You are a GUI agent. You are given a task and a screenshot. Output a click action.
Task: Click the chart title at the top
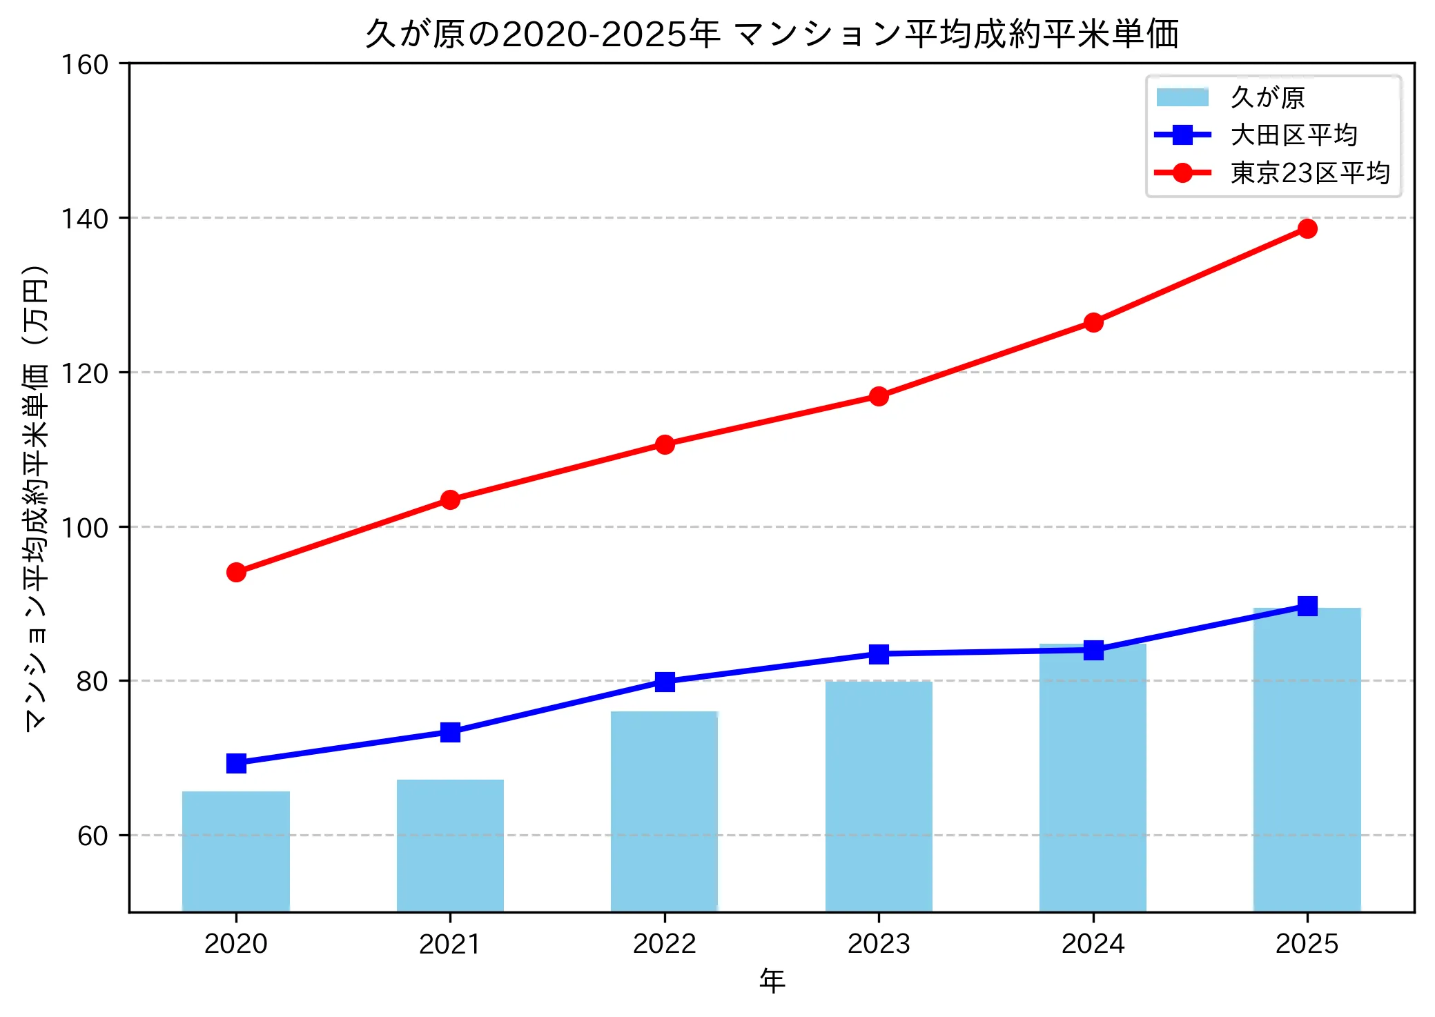[x=772, y=34]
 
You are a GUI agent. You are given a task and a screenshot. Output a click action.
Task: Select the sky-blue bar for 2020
[x=236, y=851]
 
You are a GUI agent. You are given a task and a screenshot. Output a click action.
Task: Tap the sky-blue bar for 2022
[x=664, y=811]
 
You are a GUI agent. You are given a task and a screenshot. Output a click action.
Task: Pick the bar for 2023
[x=879, y=796]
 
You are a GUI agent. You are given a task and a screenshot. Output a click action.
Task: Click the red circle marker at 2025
[x=1307, y=228]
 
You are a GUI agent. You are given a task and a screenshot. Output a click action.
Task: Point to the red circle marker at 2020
[x=236, y=572]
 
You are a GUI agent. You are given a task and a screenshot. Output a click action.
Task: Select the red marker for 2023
[x=879, y=396]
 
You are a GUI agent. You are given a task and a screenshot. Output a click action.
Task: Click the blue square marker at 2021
[x=450, y=732]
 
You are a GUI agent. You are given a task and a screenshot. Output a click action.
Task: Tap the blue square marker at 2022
[x=665, y=682]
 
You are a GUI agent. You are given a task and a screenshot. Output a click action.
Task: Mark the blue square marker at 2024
[x=1093, y=650]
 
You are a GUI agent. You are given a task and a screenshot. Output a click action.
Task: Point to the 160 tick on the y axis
[x=85, y=65]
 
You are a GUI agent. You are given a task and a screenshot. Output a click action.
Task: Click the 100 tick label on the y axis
[x=85, y=528]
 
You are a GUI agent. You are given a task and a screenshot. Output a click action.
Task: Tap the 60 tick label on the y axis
[x=93, y=836]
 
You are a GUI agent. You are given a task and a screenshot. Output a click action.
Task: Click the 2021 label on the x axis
[x=450, y=944]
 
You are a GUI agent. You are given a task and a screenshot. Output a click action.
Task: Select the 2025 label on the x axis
[x=1307, y=944]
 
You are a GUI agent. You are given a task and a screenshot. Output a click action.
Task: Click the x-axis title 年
[x=772, y=981]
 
